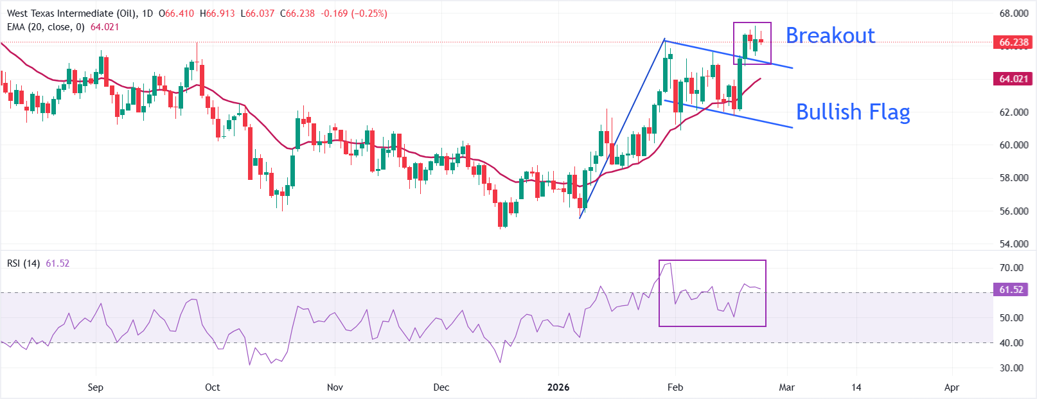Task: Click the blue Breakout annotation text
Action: (x=830, y=35)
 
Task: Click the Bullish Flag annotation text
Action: (x=853, y=112)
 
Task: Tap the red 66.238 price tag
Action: (x=1013, y=42)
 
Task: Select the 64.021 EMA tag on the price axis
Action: (x=1013, y=79)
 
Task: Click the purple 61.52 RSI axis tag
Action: (x=1011, y=290)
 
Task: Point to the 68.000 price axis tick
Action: (x=1013, y=13)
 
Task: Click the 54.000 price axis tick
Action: (x=1013, y=244)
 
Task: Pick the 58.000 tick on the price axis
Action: (x=1013, y=178)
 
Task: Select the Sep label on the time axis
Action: (x=95, y=387)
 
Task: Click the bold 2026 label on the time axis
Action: (x=558, y=387)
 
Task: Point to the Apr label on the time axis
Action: (x=952, y=387)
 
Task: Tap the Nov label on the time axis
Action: (x=335, y=387)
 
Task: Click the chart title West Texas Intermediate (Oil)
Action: (x=69, y=13)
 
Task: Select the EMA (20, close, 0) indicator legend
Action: (x=46, y=27)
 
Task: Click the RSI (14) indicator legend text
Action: (x=24, y=263)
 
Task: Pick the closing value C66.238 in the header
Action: (x=297, y=13)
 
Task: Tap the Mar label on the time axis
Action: (x=786, y=387)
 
